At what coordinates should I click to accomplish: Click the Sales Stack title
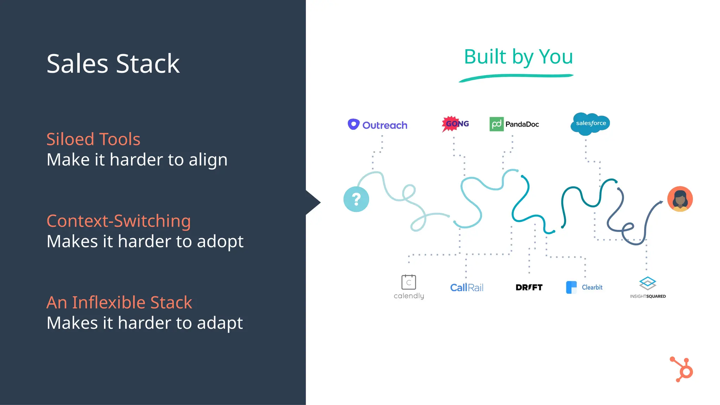pyautogui.click(x=113, y=64)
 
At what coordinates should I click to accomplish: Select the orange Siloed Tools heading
pyautogui.click(x=93, y=139)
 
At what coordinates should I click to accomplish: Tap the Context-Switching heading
pyautogui.click(x=118, y=221)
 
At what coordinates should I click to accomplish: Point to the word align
pyautogui.click(x=208, y=160)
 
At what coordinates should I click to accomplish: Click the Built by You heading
pyautogui.click(x=518, y=57)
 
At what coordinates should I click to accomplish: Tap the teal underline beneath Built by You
pyautogui.click(x=516, y=77)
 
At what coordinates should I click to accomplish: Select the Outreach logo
pyautogui.click(x=377, y=125)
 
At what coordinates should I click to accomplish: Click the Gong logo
pyautogui.click(x=455, y=124)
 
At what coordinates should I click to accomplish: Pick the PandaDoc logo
pyautogui.click(x=514, y=124)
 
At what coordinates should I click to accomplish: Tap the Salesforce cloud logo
pyautogui.click(x=590, y=124)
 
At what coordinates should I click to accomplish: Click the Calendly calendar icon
pyautogui.click(x=409, y=282)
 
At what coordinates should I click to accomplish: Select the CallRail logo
pyautogui.click(x=467, y=288)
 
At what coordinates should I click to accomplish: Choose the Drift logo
pyautogui.click(x=529, y=288)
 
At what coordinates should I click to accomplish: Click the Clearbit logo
pyautogui.click(x=584, y=287)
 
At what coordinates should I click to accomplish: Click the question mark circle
pyautogui.click(x=356, y=199)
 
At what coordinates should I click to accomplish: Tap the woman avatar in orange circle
pyautogui.click(x=680, y=199)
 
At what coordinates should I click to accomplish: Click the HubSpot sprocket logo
pyautogui.click(x=682, y=369)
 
